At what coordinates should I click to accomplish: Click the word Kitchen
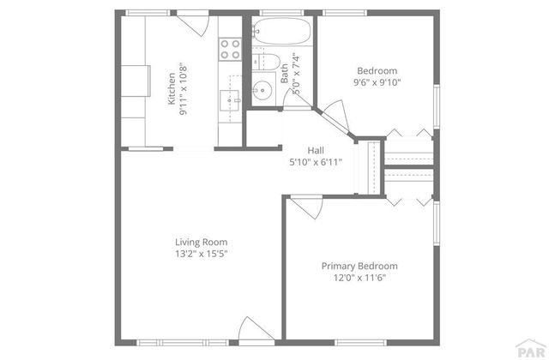point(172,88)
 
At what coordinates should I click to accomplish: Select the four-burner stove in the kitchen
point(229,49)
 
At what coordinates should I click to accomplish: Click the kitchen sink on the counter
point(231,99)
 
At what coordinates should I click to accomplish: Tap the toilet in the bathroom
point(268,63)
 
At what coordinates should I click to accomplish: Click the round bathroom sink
point(262,89)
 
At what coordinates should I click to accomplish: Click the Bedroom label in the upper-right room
point(377,70)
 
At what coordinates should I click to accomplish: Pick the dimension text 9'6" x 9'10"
point(377,82)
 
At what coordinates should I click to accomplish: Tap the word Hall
point(316,150)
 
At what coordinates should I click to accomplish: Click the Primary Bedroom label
point(359,266)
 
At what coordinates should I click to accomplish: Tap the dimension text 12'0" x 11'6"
point(359,278)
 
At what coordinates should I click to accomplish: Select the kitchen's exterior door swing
point(194,23)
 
